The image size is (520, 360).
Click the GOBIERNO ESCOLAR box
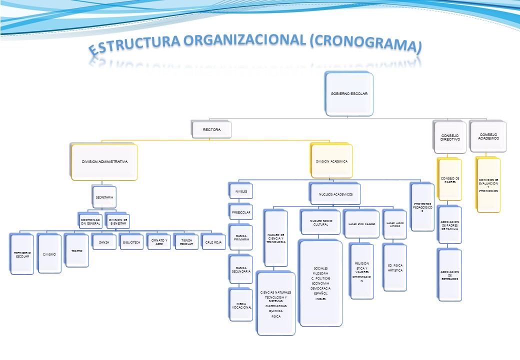pyautogui.click(x=349, y=94)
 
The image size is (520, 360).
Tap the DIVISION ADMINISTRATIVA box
pyautogui.click(x=104, y=162)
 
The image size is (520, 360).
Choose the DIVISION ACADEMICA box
pyautogui.click(x=331, y=162)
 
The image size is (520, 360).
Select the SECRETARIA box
pyautogui.click(x=104, y=197)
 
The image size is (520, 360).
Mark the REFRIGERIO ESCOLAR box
pyautogui.click(x=22, y=254)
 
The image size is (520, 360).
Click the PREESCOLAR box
pyautogui.click(x=240, y=212)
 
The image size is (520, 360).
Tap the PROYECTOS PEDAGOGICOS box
pyautogui.click(x=422, y=207)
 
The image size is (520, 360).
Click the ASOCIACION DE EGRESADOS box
pyautogui.click(x=450, y=274)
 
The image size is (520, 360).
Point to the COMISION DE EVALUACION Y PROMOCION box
pyautogui.click(x=488, y=185)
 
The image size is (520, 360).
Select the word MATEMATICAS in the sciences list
pyautogui.click(x=275, y=305)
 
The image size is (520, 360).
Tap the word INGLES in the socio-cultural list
pyautogui.click(x=320, y=298)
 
